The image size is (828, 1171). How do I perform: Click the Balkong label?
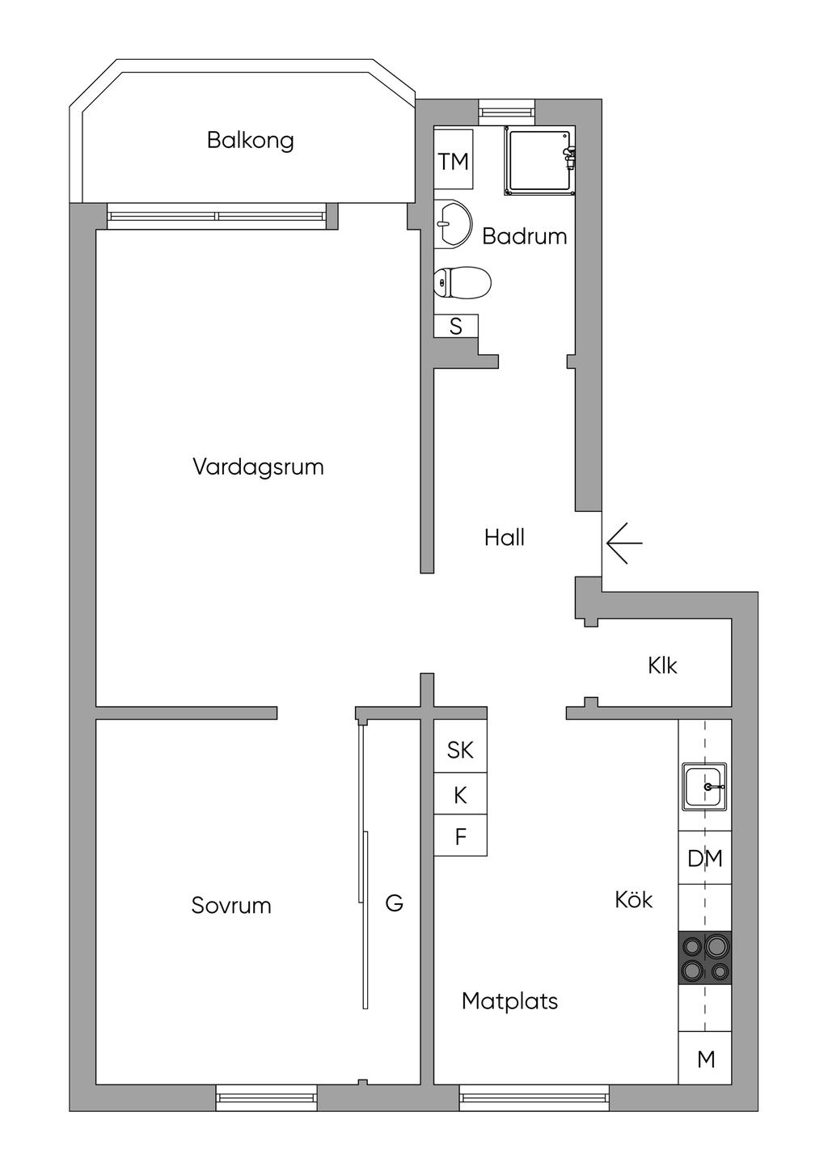click(251, 141)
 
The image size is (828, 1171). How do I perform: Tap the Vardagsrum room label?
click(258, 467)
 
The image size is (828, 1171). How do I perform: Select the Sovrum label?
click(231, 906)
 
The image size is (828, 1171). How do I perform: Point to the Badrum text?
click(524, 236)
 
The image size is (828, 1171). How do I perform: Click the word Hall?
click(505, 538)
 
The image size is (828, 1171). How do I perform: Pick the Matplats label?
click(509, 1001)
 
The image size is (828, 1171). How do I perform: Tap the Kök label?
click(634, 899)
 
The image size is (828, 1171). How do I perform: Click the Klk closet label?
click(662, 666)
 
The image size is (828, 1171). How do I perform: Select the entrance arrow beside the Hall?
click(624, 543)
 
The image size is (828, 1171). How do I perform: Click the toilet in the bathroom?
click(462, 282)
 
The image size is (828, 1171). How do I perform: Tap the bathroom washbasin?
click(453, 224)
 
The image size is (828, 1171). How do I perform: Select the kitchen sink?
click(704, 787)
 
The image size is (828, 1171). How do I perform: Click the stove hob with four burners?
click(704, 958)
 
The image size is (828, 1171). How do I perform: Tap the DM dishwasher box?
click(704, 858)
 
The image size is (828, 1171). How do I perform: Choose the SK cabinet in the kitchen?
click(461, 750)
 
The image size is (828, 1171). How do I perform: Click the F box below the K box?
click(461, 837)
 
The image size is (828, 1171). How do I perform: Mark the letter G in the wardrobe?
click(394, 903)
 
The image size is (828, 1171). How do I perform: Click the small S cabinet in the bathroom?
click(456, 326)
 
